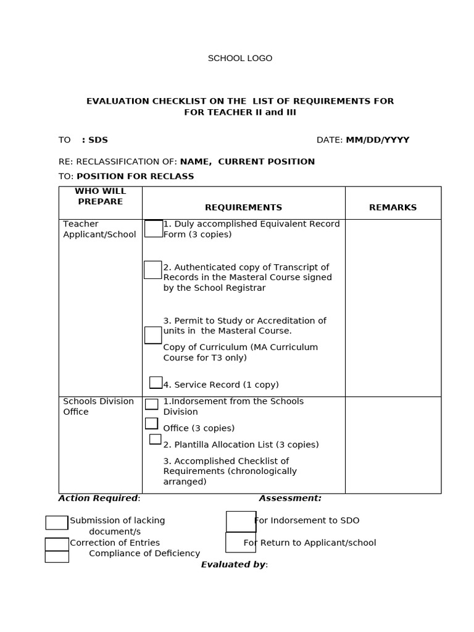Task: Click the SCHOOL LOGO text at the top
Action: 239,58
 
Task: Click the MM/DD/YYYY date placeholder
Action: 377,140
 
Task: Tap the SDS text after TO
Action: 95,140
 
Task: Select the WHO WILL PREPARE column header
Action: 100,196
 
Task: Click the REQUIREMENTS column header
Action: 243,207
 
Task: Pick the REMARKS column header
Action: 393,207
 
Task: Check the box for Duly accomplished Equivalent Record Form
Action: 154,228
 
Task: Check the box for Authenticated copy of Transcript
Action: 153,270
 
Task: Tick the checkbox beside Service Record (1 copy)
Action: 156,383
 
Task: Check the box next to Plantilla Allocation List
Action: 155,439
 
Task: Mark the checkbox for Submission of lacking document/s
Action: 57,523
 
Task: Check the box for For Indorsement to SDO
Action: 241,522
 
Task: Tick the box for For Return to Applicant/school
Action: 240,543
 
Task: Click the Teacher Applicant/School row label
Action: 99,229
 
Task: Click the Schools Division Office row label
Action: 98,406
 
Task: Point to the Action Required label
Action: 99,498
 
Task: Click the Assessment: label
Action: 290,498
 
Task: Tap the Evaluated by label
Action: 234,564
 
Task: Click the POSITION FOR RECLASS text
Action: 135,177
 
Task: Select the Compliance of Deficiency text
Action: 144,553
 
